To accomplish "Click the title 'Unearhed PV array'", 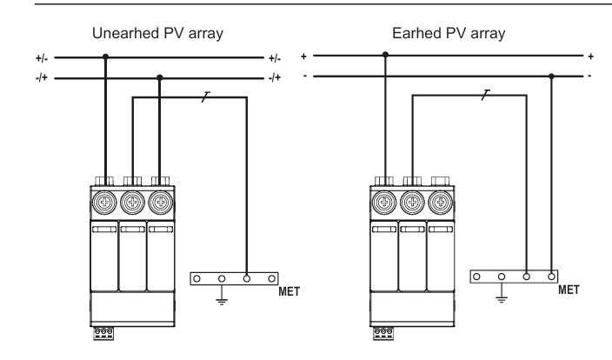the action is (157, 34).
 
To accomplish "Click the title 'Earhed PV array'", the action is (449, 34).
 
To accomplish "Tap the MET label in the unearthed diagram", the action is (289, 291).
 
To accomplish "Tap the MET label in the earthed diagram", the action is (569, 290).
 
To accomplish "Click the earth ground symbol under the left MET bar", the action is (222, 301).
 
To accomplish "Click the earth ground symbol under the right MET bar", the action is (502, 299).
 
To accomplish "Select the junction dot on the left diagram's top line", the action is (105, 57).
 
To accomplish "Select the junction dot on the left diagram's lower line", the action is (160, 77).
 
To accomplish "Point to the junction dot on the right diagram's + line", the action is (385, 55).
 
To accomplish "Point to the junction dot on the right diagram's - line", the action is (551, 77).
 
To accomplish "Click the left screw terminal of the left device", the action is (104, 203).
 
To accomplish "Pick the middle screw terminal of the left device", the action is (133, 203).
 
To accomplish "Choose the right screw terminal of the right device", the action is (440, 203).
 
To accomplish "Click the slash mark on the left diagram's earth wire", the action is (206, 97).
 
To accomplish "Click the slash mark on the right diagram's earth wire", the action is (486, 95).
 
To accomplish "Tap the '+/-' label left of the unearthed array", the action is (42, 58).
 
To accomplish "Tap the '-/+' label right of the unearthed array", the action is (275, 77).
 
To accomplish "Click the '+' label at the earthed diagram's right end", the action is (590, 57).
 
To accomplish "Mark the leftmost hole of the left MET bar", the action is (196, 279).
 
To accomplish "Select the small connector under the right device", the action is (383, 333).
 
